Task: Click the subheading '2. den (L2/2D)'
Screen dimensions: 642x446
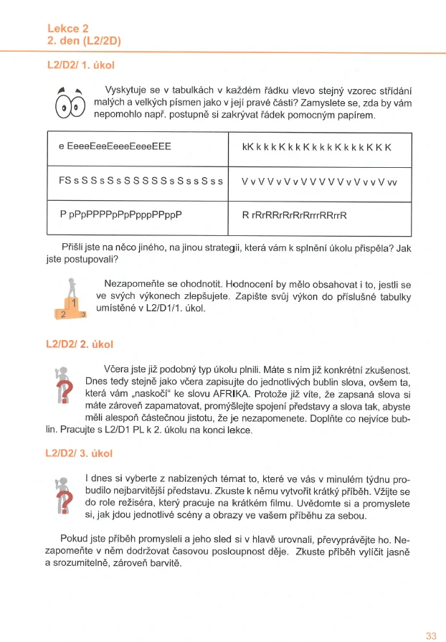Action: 83,41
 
